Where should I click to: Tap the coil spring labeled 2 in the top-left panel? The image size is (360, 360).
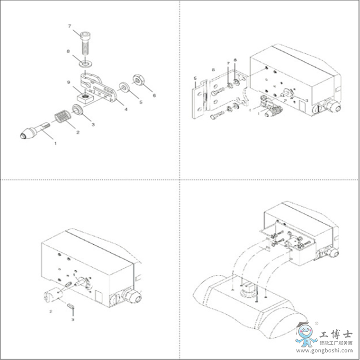61,118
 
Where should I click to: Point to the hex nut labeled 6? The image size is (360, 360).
139,80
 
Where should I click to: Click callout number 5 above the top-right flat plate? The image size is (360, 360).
195,78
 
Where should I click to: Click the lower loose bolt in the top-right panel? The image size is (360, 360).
217,115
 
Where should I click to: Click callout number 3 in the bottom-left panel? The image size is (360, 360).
72,319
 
